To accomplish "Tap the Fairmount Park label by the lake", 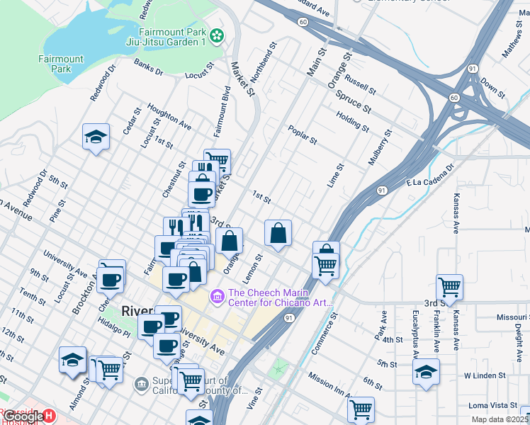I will pyautogui.click(x=60, y=64).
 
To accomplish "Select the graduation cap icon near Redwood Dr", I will pyautogui.click(x=96, y=137).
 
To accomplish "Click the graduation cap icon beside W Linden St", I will pyautogui.click(x=426, y=371).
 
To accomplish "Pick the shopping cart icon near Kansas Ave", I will pyautogui.click(x=449, y=288).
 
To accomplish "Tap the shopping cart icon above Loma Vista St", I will pyautogui.click(x=361, y=409).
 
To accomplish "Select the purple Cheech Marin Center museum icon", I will pyautogui.click(x=218, y=295).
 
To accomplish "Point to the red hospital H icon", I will pyautogui.click(x=48, y=416).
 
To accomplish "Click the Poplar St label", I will pyautogui.click(x=302, y=134).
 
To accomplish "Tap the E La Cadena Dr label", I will pyautogui.click(x=429, y=178).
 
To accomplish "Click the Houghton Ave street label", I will pyautogui.click(x=169, y=115).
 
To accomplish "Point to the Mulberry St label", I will pyautogui.click(x=380, y=147).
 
